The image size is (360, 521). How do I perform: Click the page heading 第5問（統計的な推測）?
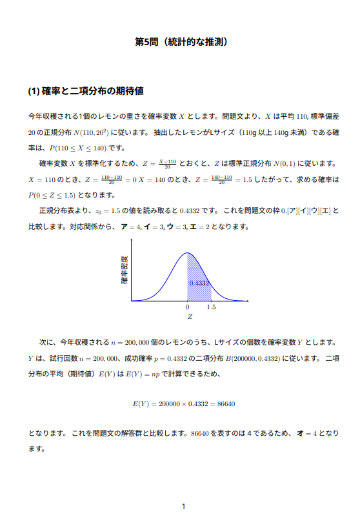click(x=180, y=43)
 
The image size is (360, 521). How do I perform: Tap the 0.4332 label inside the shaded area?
click(x=199, y=283)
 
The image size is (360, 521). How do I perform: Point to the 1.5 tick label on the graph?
click(x=211, y=308)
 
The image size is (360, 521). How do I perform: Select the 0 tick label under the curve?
click(x=187, y=308)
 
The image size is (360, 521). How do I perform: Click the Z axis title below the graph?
click(x=190, y=317)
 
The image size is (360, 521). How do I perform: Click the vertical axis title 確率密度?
click(x=125, y=271)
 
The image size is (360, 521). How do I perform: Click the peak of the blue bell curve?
click(x=187, y=253)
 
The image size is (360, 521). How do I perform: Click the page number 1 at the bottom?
click(x=184, y=506)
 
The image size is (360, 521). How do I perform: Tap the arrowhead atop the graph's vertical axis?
click(x=131, y=241)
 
